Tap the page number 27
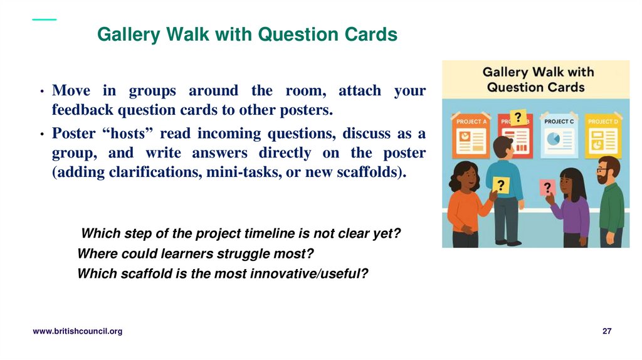606,331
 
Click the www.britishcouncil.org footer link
77,331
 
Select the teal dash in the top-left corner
44,19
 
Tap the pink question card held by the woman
547,188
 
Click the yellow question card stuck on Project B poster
518,118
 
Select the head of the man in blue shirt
503,147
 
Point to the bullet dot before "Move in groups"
40,92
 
